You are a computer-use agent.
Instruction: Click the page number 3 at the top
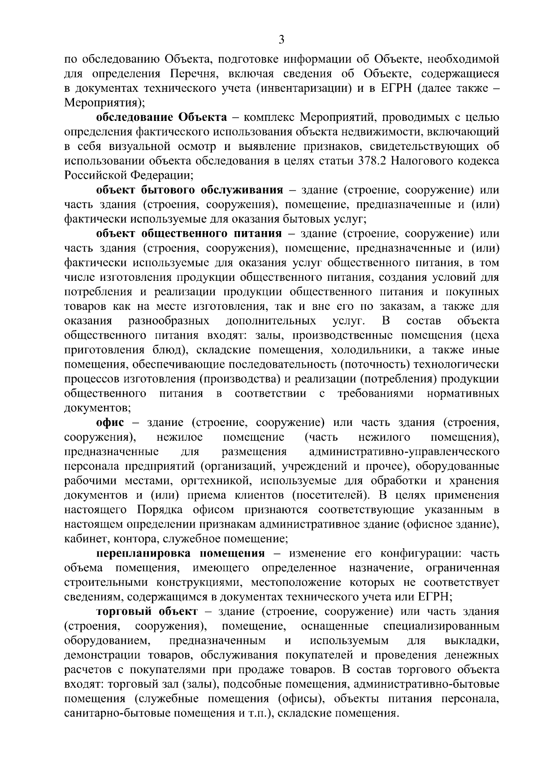[x=281, y=40]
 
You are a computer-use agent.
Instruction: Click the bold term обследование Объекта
[x=161, y=118]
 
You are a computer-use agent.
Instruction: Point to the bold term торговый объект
[x=147, y=611]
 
